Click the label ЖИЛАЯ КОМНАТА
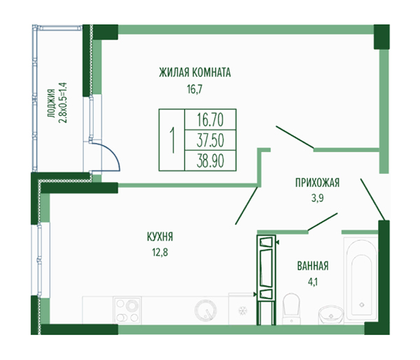(x=195, y=73)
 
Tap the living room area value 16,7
(x=195, y=89)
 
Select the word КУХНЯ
(x=160, y=237)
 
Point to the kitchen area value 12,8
(x=160, y=252)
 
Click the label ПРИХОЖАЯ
(x=317, y=183)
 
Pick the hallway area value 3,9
(x=317, y=198)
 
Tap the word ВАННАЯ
(x=313, y=266)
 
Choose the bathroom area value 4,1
(x=313, y=282)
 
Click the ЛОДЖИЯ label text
(x=51, y=104)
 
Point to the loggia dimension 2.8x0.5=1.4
(x=63, y=103)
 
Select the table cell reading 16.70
(x=210, y=120)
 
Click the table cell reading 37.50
(x=210, y=140)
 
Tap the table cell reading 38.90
(x=210, y=160)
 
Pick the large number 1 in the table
(x=172, y=140)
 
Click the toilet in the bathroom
(x=291, y=308)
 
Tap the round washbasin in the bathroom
(x=331, y=314)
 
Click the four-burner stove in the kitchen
(x=127, y=310)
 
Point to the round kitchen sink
(x=206, y=310)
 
